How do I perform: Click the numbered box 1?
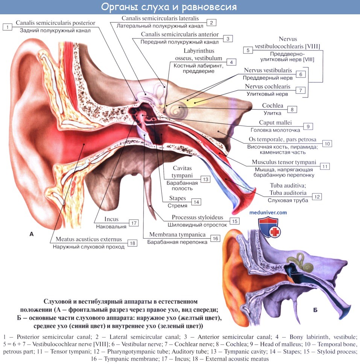[x=7, y=27]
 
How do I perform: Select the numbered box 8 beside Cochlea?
[x=292, y=110]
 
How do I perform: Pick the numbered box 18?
[x=132, y=243]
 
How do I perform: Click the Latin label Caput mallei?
[x=275, y=123]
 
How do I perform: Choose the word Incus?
[x=111, y=219]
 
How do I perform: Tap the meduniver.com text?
[x=268, y=213]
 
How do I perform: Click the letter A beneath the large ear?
[x=31, y=234]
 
